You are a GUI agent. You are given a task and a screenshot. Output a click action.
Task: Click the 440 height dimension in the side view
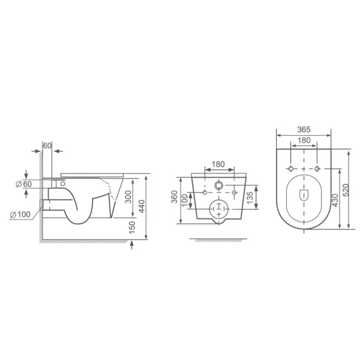[142, 206]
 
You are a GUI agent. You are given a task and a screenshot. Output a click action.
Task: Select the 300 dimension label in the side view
[129, 197]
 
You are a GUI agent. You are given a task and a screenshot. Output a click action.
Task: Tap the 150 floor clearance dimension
[132, 227]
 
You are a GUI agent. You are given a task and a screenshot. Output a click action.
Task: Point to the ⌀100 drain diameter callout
[20, 215]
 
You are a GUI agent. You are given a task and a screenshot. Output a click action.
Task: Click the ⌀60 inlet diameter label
[23, 184]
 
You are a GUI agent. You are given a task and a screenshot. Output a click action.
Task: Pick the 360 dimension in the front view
[175, 197]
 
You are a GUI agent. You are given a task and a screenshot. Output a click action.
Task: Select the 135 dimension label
[250, 197]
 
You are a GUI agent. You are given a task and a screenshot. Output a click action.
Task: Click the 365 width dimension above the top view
[304, 130]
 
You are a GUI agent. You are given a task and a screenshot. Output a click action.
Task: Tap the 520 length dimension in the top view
[346, 190]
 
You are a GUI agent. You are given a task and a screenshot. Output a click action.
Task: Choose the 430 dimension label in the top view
[335, 200]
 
